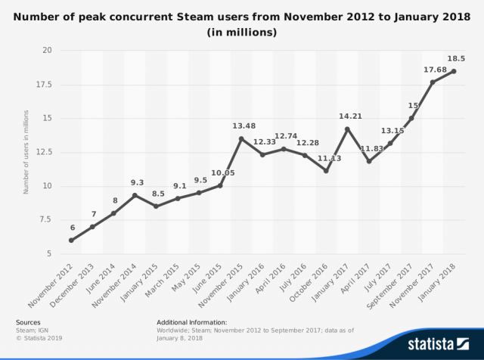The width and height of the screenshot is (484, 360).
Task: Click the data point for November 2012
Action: pyautogui.click(x=71, y=241)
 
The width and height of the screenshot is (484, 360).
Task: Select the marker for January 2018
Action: pyautogui.click(x=454, y=71)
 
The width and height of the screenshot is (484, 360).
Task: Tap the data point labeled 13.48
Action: pyautogui.click(x=241, y=138)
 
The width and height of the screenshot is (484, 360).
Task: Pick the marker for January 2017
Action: pyautogui.click(x=347, y=129)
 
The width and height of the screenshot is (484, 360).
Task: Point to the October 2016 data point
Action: pyautogui.click(x=326, y=171)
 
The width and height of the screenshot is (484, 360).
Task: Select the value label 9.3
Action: pyautogui.click(x=136, y=182)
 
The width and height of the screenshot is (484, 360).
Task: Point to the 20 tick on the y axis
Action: pyautogui.click(x=46, y=51)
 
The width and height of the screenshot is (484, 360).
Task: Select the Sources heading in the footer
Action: pyautogui.click(x=28, y=322)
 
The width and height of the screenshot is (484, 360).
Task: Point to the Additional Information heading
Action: pyautogui.click(x=191, y=322)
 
